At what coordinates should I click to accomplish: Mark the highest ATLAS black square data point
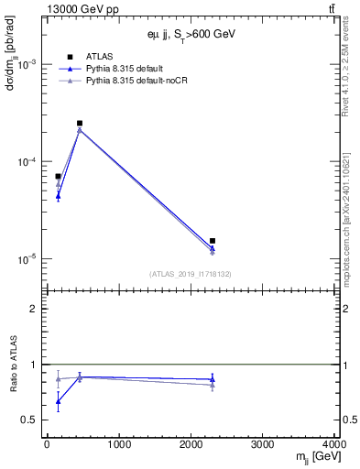click(x=80, y=123)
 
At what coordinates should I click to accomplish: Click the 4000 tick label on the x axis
click(x=333, y=446)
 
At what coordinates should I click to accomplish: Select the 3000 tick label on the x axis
click(x=262, y=446)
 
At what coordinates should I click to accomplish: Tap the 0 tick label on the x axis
click(x=47, y=446)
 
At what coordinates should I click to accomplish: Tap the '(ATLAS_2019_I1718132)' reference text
click(x=190, y=273)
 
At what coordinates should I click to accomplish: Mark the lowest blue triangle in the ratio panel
click(x=58, y=401)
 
